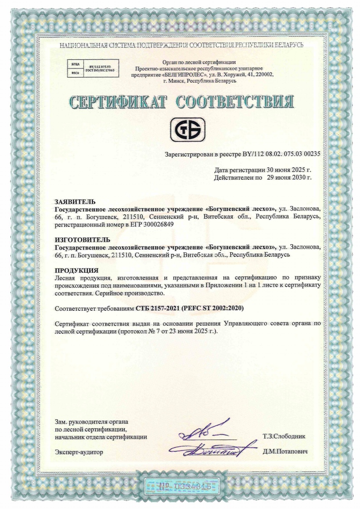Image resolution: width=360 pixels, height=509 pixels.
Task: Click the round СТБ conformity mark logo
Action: [187, 128]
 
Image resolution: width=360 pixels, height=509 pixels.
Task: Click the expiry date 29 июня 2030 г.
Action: [289, 177]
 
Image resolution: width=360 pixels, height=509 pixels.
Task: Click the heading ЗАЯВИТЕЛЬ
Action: [75, 201]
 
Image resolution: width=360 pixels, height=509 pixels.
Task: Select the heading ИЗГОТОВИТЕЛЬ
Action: [82, 239]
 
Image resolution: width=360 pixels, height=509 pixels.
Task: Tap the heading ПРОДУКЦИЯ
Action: [76, 270]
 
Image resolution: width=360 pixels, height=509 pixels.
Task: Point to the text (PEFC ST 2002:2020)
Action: [213, 308]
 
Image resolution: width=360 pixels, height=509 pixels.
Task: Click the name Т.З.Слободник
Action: [284, 436]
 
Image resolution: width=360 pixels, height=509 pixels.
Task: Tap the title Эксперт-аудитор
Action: [79, 452]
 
